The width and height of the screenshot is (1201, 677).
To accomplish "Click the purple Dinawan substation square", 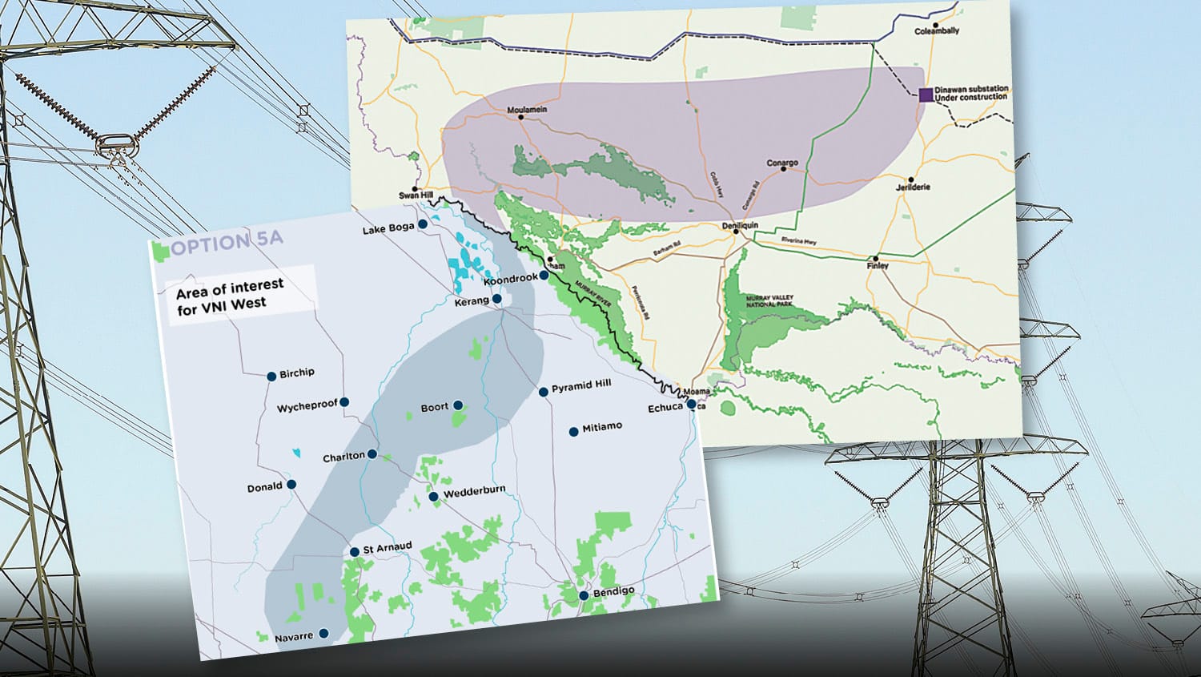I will [926, 95].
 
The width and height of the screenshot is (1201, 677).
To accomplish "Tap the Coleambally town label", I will [937, 31].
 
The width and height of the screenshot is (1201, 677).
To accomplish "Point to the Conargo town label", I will [782, 163].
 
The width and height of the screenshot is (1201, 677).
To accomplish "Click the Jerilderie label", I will [913, 187].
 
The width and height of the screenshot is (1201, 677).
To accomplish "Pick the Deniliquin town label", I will [739, 226].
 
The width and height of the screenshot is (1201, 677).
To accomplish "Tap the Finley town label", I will [878, 266].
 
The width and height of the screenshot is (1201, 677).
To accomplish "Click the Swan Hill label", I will [416, 195].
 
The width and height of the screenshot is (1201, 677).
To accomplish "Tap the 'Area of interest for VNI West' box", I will [240, 294].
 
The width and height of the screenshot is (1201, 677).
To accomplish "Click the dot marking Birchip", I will [272, 376].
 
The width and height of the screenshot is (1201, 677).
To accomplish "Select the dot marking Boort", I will [458, 405].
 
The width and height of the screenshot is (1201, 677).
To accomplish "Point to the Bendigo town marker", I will [584, 595].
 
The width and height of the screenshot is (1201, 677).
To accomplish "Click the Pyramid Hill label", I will [581, 385].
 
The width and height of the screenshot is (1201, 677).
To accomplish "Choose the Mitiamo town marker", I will [573, 432].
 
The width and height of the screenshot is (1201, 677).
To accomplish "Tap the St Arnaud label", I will [388, 547].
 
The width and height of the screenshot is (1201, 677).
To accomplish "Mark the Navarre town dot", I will [323, 633].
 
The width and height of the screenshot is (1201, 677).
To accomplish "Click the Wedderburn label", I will [474, 492].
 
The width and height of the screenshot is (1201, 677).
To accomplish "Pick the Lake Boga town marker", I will [423, 224].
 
